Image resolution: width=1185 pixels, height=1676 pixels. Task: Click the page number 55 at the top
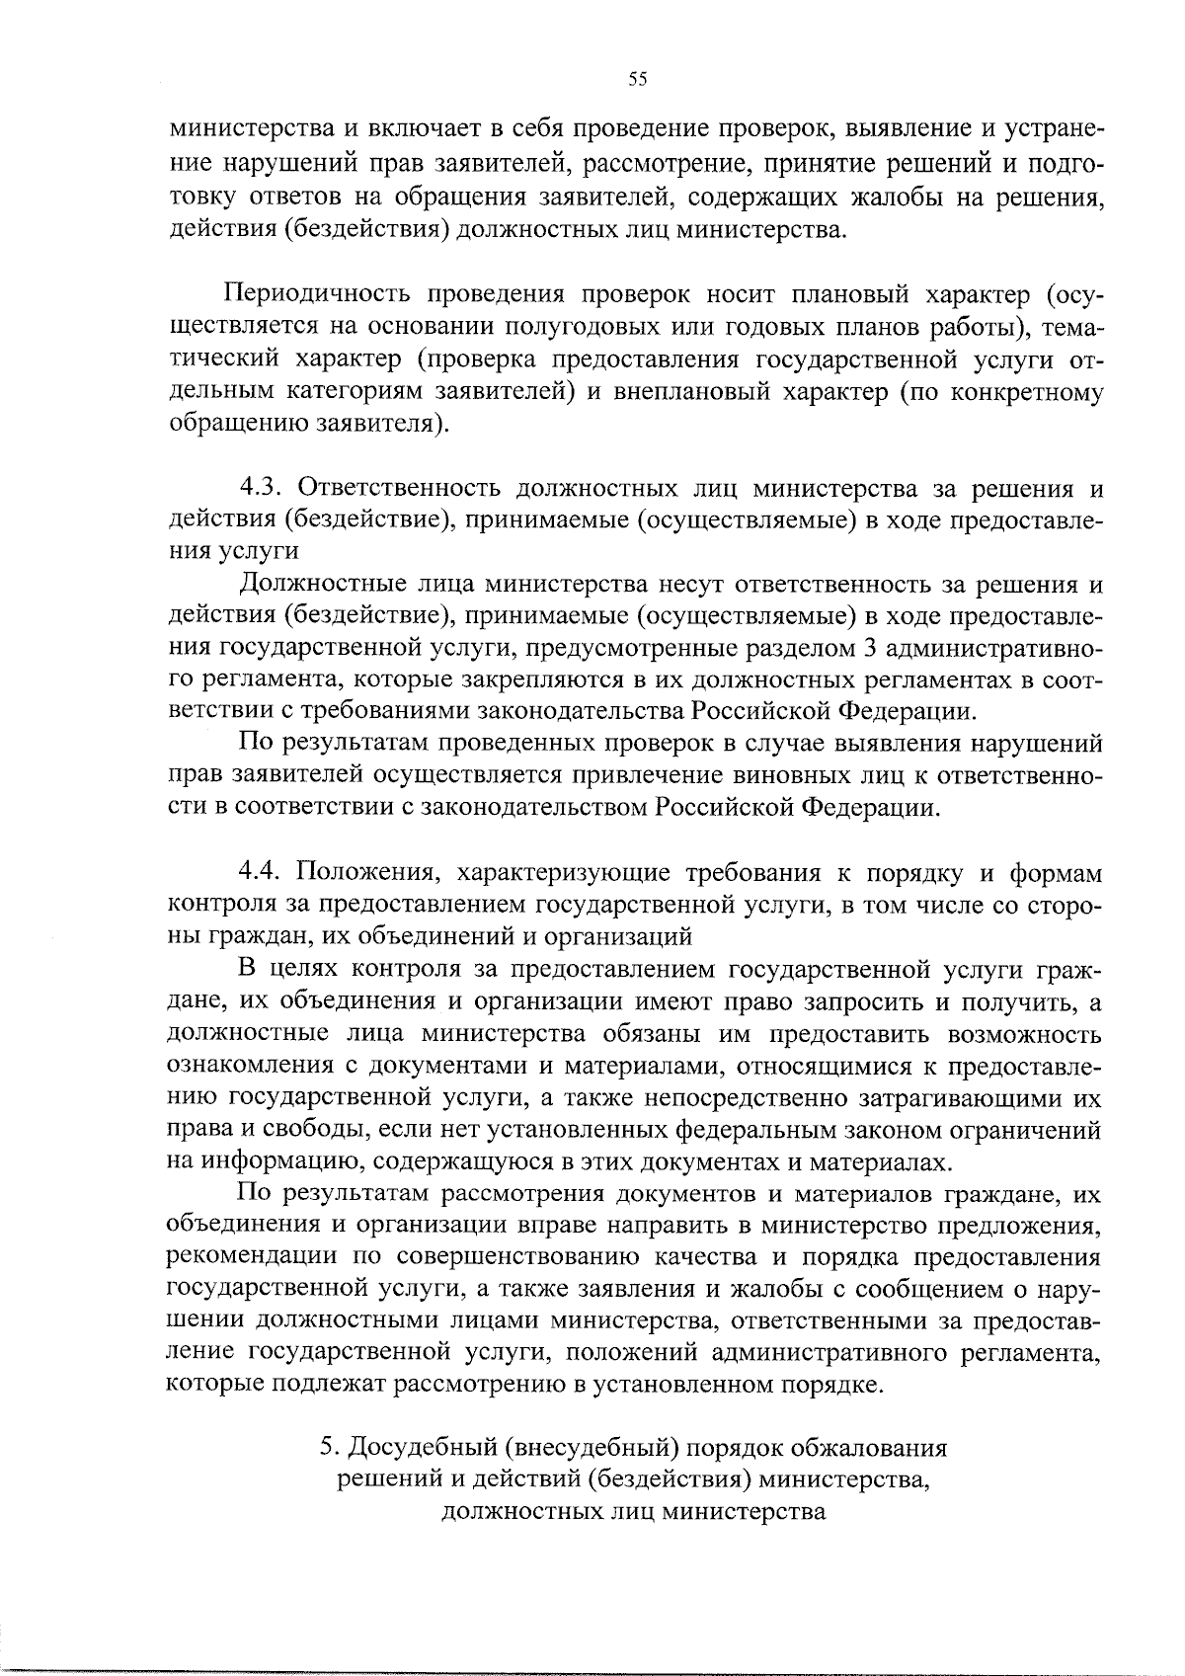pos(637,80)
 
